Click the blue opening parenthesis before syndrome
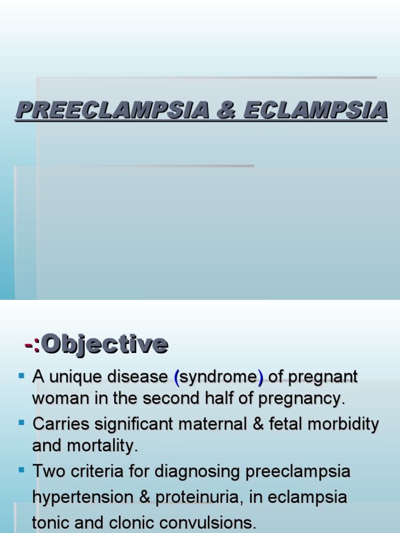(177, 377)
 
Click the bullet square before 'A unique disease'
(21, 375)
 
